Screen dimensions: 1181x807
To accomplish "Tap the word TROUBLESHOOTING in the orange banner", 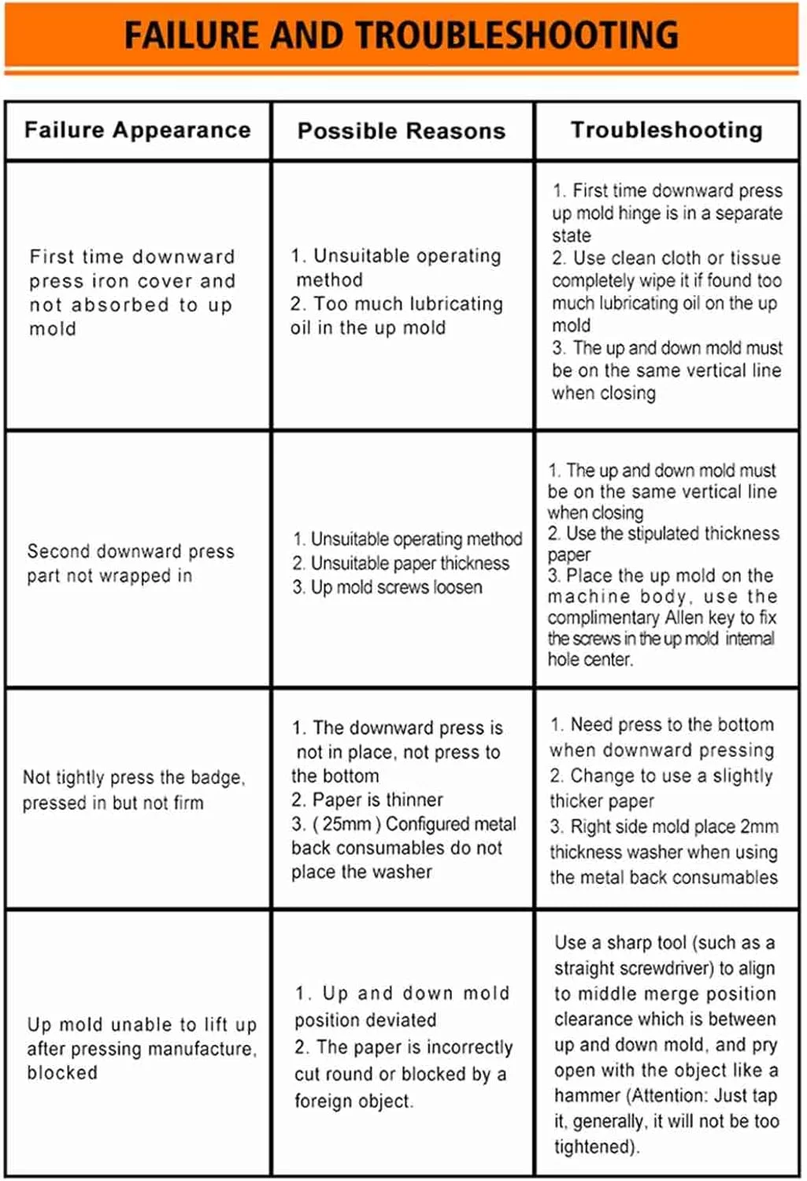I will pos(518,35).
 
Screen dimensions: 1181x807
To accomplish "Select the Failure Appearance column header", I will pos(138,130).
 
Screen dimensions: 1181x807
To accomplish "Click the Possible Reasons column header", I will pos(402,131).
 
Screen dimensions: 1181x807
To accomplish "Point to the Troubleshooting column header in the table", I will pos(667,130).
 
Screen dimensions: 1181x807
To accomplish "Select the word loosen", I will pos(453,587).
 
